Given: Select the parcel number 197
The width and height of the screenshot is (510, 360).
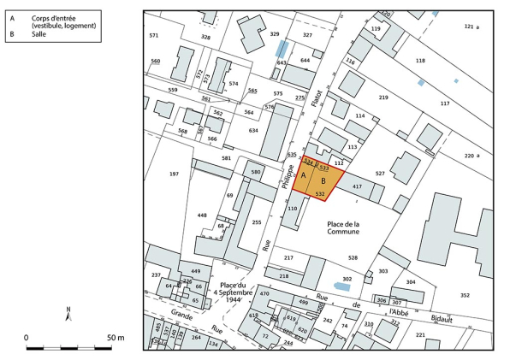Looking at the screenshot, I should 174,174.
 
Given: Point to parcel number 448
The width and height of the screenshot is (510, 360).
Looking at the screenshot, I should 202,215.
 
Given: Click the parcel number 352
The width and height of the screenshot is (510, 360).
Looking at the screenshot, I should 466,295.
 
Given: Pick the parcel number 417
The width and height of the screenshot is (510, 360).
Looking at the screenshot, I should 358,186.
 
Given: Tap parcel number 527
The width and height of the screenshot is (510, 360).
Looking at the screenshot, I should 380,174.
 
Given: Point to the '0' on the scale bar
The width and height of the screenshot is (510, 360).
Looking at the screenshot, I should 27,338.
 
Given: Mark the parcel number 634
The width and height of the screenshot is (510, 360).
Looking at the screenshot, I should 253,131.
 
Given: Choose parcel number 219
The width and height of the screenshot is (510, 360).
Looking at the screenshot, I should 383,98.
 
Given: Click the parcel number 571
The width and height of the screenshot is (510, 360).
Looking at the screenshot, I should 154,35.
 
